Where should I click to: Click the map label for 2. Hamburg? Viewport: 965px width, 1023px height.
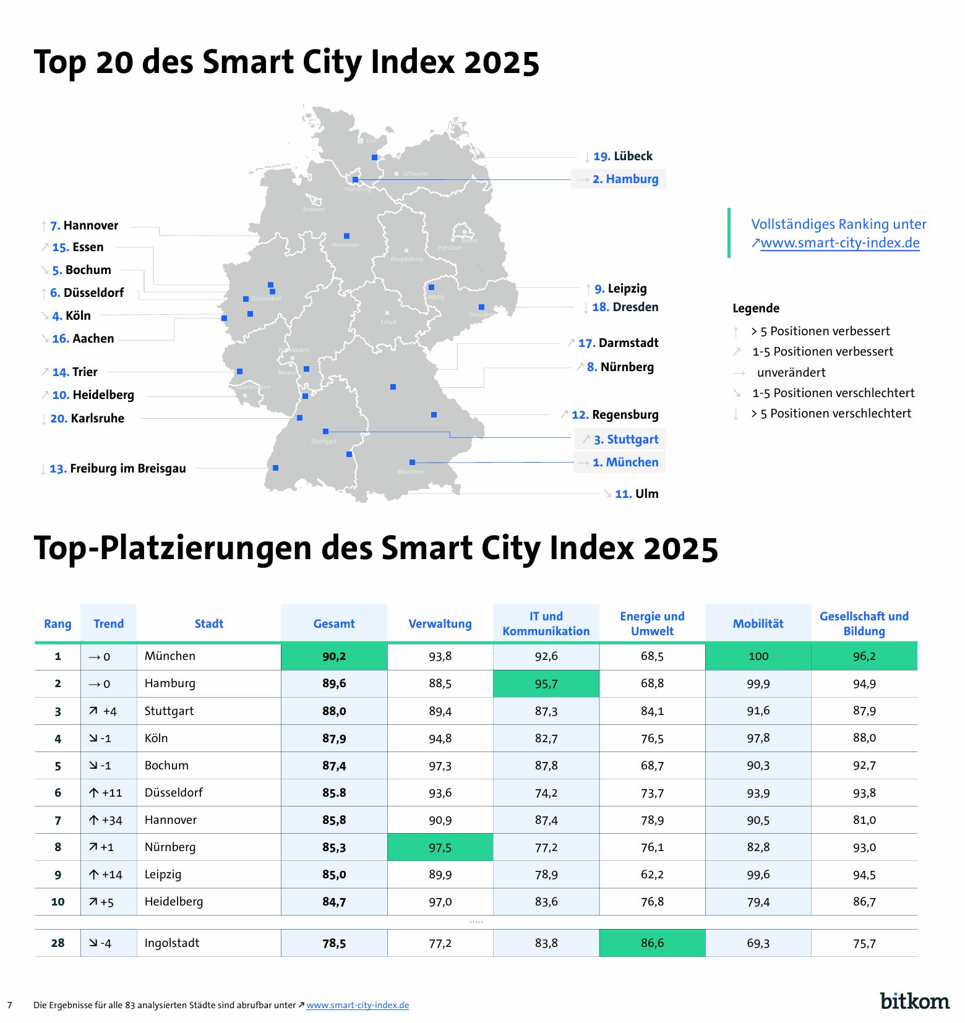click(x=625, y=179)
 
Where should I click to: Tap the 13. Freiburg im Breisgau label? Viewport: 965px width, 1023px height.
click(x=118, y=468)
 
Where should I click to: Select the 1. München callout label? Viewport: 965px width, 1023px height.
click(x=625, y=462)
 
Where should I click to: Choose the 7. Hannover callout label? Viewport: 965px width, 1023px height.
click(x=84, y=225)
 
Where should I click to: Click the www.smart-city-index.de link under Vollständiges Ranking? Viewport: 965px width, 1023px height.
click(x=839, y=242)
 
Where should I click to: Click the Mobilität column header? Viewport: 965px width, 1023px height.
click(x=758, y=623)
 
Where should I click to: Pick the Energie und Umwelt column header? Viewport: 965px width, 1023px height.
click(x=652, y=623)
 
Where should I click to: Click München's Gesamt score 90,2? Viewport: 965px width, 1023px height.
click(x=334, y=656)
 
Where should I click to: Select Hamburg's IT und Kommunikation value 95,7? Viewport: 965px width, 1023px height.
click(x=546, y=683)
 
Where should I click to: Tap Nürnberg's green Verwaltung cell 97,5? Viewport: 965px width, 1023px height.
click(x=440, y=847)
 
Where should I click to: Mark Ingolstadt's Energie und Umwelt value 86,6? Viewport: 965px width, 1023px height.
click(x=652, y=943)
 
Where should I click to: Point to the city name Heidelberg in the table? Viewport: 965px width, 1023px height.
click(x=174, y=901)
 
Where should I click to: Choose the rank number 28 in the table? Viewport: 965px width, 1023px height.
click(x=58, y=943)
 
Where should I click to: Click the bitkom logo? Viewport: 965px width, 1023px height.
click(x=914, y=1000)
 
